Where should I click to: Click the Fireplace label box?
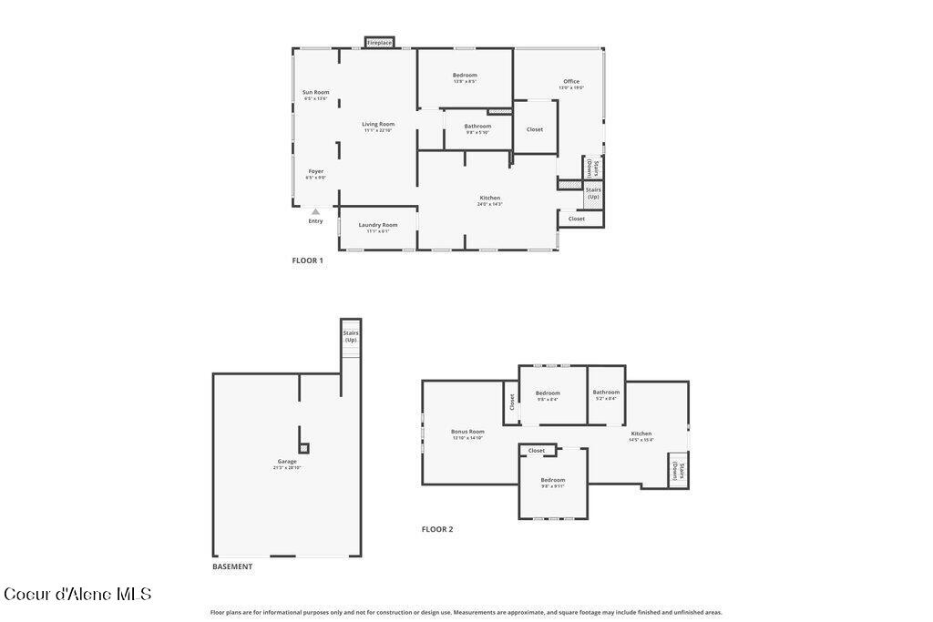click(379, 43)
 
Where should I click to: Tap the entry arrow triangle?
click(315, 212)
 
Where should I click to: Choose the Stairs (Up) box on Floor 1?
click(593, 193)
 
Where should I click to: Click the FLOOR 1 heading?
click(307, 260)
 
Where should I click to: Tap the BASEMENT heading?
click(232, 566)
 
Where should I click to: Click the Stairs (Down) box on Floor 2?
click(678, 470)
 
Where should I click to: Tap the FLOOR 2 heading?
click(436, 529)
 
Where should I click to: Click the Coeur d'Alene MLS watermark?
click(77, 595)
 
